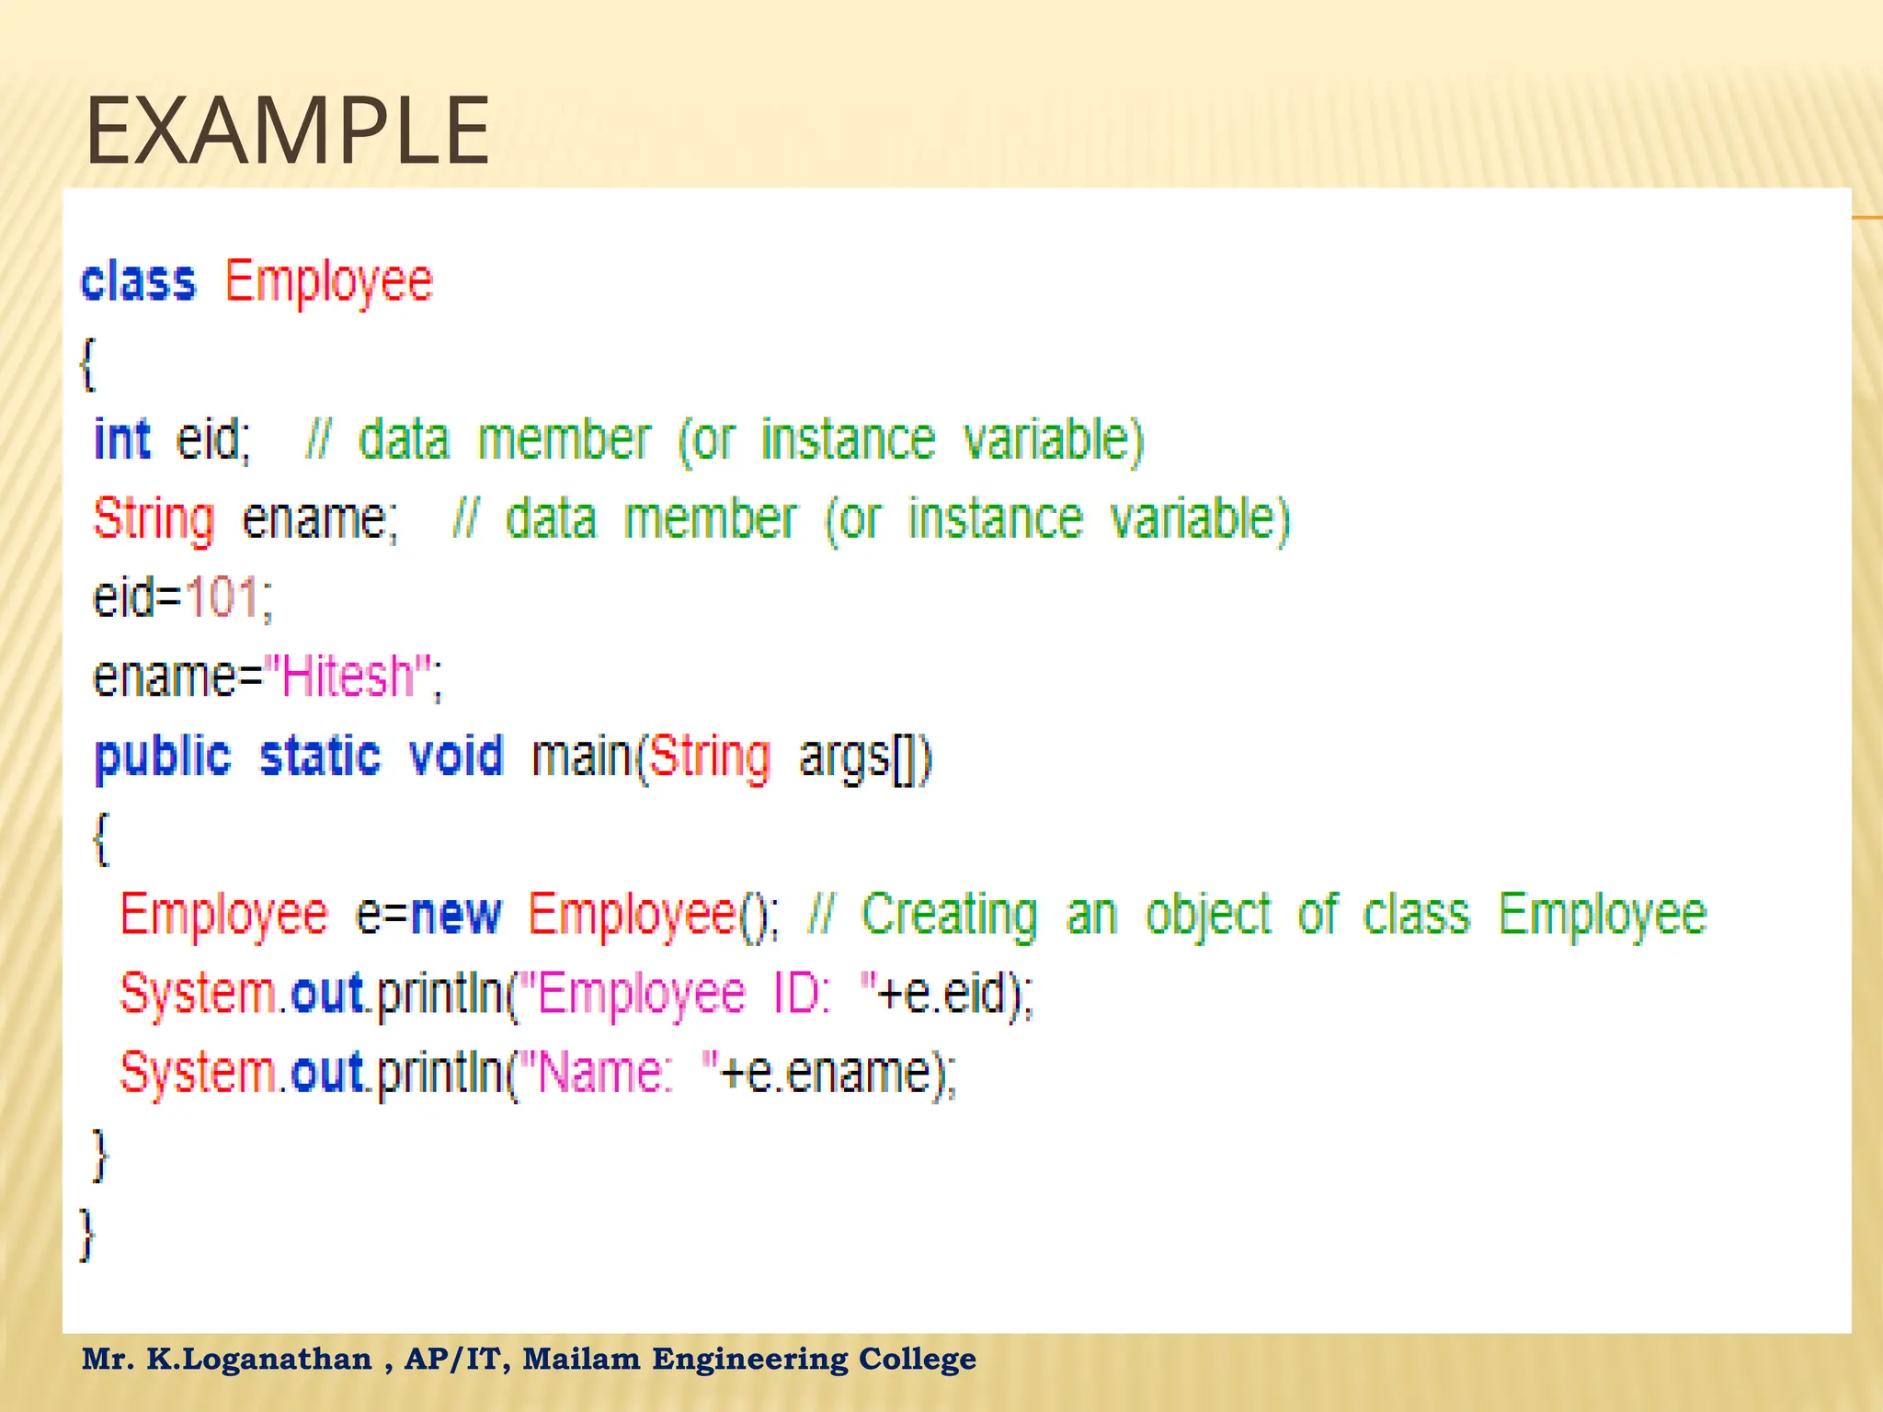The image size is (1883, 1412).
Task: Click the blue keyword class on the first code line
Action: [138, 281]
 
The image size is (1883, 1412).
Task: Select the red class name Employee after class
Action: [328, 281]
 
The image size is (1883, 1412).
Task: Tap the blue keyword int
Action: [121, 439]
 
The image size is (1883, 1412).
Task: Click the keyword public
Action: [163, 757]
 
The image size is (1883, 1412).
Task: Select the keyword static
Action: [319, 757]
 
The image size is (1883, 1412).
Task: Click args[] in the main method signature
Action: [864, 757]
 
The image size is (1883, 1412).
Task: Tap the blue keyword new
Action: [456, 915]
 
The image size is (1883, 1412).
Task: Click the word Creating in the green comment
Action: [949, 915]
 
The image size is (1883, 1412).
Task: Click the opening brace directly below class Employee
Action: [88, 364]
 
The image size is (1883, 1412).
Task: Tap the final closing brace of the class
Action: [87, 1234]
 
